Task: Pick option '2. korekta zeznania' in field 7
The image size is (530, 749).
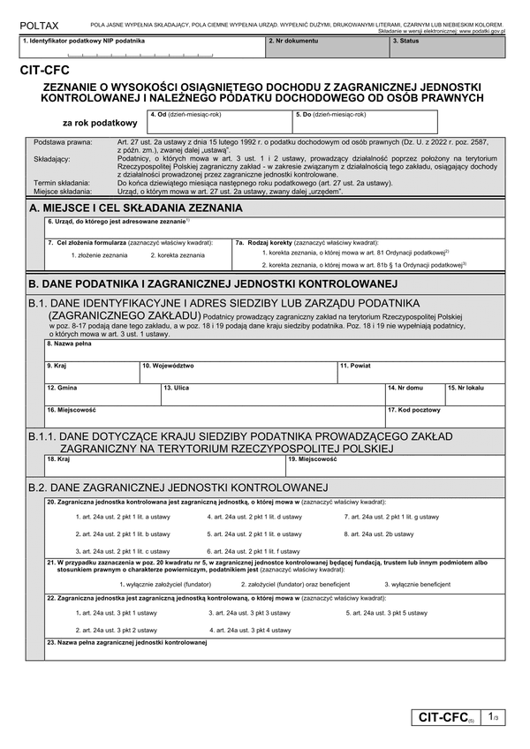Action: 177,254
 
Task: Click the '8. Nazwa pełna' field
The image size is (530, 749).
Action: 274,350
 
